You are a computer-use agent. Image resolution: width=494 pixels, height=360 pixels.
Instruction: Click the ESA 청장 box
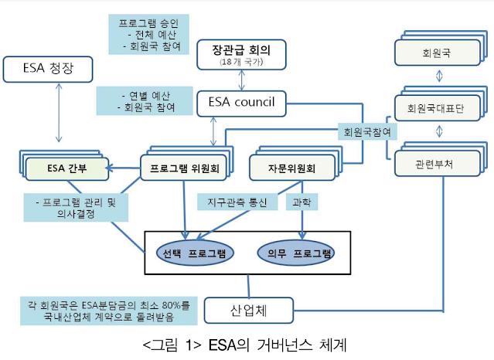[x=49, y=71]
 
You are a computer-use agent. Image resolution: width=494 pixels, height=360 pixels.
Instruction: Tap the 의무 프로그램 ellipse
[x=297, y=253]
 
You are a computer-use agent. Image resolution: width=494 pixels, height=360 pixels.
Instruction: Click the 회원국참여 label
[x=368, y=131]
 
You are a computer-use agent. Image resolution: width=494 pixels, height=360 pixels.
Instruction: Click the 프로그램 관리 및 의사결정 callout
[x=76, y=209]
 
